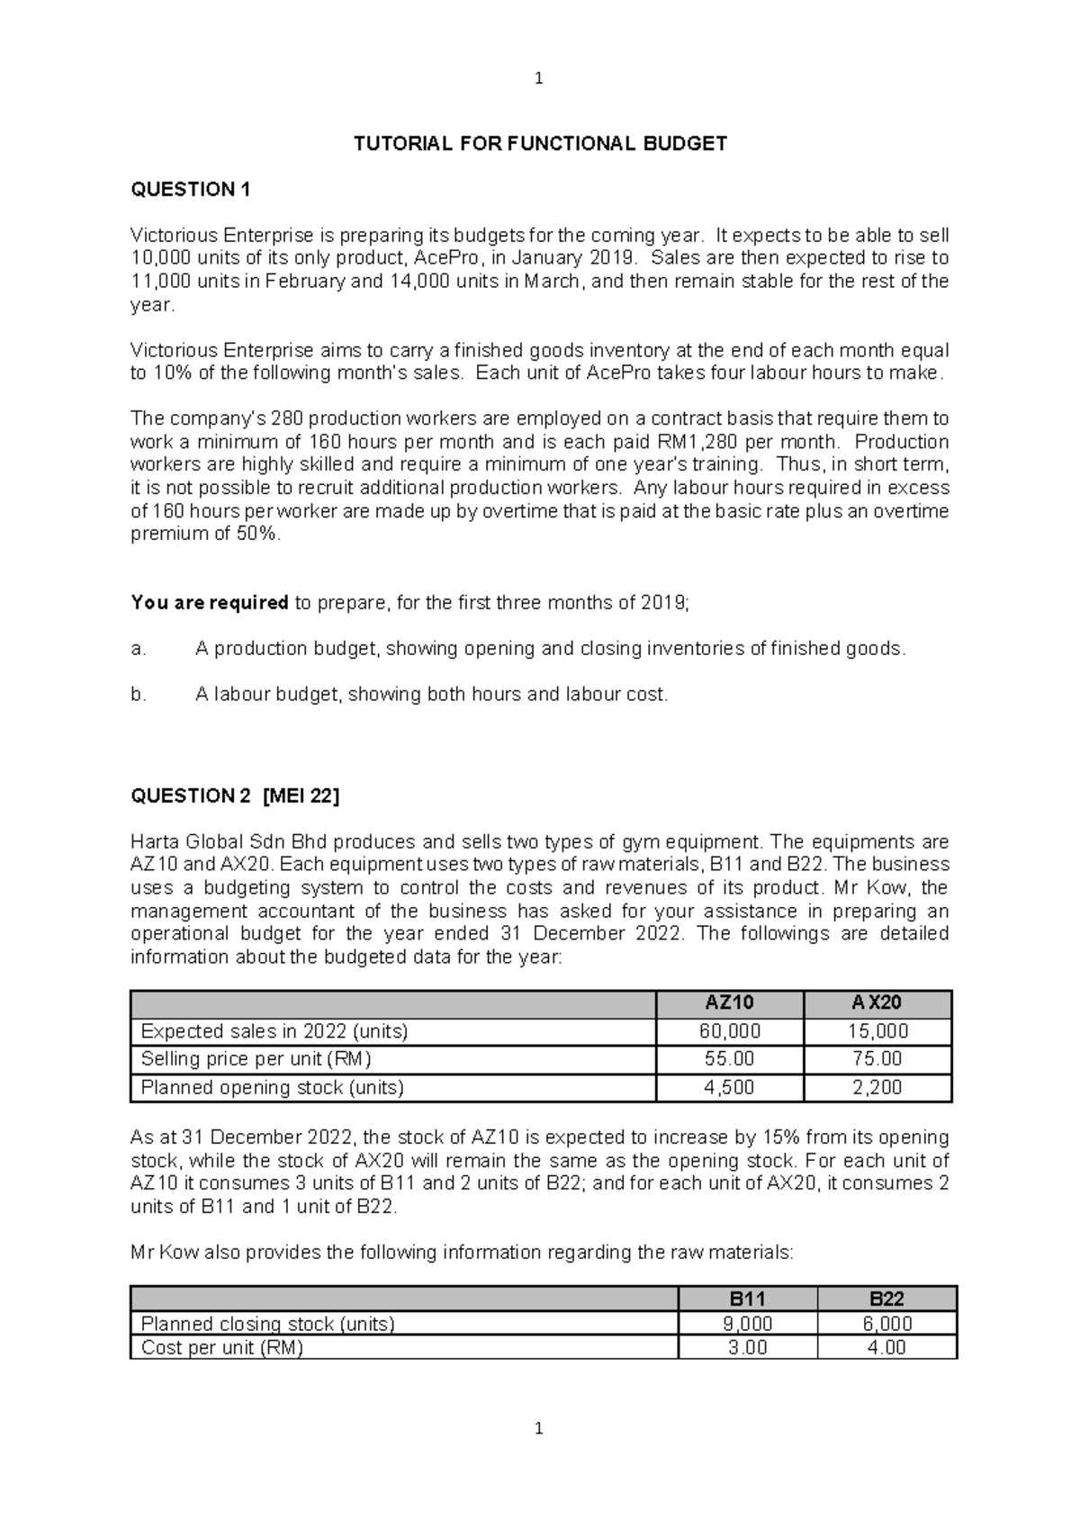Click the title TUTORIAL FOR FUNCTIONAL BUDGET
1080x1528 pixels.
pyautogui.click(x=540, y=144)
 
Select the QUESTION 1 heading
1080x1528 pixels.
pyautogui.click(x=190, y=190)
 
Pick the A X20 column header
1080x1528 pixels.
pyautogui.click(x=877, y=1002)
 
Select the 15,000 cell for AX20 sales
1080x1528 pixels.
pyautogui.click(x=877, y=1031)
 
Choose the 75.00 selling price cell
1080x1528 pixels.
pyautogui.click(x=877, y=1059)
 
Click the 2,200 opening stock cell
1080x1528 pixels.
pyautogui.click(x=877, y=1087)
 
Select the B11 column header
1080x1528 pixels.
pyautogui.click(x=747, y=1299)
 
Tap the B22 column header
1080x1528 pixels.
pyautogui.click(x=886, y=1299)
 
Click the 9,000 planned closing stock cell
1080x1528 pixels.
pyautogui.click(x=747, y=1324)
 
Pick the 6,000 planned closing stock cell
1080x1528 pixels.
pyautogui.click(x=886, y=1324)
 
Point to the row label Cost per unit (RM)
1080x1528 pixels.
pyautogui.click(x=222, y=1348)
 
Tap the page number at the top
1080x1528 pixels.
pyautogui.click(x=539, y=79)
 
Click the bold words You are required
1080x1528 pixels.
pyautogui.click(x=209, y=603)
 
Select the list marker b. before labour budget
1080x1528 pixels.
pyautogui.click(x=139, y=695)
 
